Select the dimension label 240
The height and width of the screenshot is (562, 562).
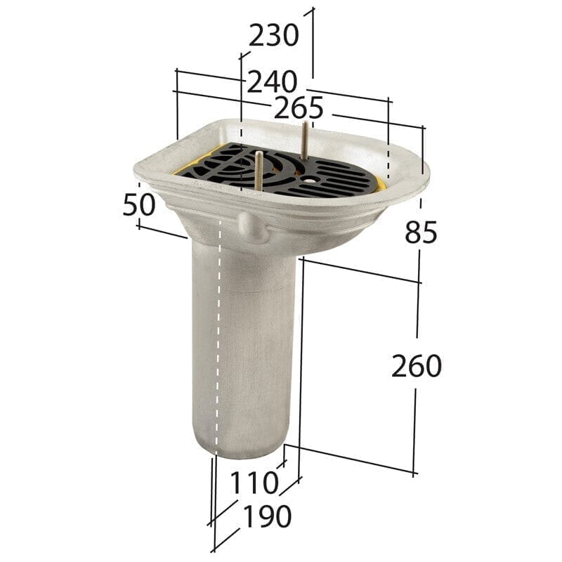click(272, 83)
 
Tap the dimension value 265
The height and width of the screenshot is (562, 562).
click(299, 108)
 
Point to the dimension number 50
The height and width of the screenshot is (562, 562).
click(140, 204)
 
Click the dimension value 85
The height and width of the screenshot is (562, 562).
click(421, 232)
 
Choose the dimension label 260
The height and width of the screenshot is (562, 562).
click(417, 366)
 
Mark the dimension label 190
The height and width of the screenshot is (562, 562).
click(266, 517)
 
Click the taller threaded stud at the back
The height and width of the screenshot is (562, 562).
click(305, 140)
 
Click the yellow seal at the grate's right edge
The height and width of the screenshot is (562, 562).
click(380, 185)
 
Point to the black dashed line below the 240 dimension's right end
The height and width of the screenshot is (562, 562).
click(387, 151)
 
